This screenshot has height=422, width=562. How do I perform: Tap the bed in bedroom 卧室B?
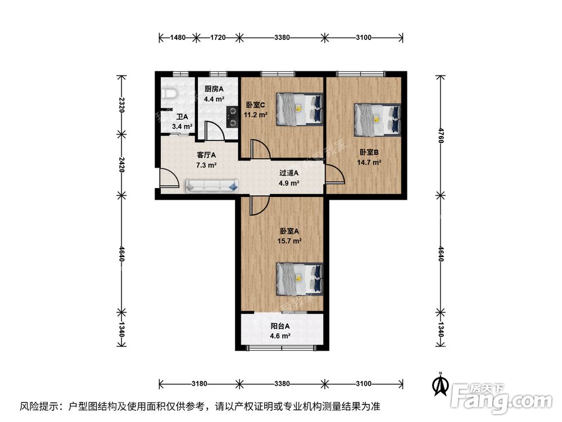378,120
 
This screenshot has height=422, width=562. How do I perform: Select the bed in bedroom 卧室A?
300,279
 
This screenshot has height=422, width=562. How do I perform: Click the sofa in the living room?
211,185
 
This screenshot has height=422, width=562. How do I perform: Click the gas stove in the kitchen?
232,116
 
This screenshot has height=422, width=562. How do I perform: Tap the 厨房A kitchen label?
214,89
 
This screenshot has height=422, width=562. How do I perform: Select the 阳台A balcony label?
280,326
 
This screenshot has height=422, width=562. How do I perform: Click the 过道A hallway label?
289,173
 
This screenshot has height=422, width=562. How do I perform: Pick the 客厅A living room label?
206,155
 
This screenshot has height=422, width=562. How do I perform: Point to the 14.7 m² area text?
369,163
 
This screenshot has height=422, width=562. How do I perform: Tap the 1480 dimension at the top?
178,38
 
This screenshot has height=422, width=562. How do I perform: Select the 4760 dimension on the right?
441,134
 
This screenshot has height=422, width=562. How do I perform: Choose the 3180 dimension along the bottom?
200,384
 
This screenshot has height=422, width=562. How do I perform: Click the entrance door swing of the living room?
168,179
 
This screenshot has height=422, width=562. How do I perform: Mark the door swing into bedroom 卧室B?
335,175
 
